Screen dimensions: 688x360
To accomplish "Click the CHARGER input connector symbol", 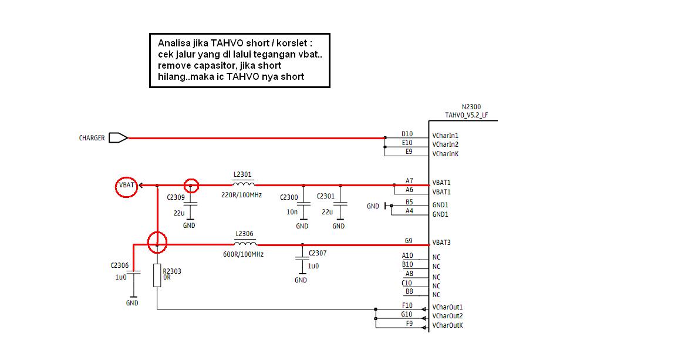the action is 118,138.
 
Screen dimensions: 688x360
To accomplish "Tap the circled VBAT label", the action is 126,185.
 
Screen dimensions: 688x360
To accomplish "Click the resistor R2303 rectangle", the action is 157,275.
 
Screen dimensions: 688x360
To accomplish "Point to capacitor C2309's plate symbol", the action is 190,204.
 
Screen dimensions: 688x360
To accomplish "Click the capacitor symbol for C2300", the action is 303,204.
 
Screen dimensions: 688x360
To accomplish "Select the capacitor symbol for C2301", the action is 340,204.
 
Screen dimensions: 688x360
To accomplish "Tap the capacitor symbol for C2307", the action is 302,260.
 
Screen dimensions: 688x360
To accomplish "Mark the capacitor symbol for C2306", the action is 133,272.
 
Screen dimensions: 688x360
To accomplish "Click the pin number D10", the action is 407,134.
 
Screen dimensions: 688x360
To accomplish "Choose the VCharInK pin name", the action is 446,154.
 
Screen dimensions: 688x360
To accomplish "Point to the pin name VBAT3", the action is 441,243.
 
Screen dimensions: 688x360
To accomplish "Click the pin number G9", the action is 409,241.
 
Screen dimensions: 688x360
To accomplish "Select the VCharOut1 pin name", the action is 447,307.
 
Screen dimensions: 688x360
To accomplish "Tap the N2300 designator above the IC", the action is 471,107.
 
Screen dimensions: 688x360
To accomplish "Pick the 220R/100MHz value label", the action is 242,195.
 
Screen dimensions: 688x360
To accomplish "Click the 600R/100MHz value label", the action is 243,254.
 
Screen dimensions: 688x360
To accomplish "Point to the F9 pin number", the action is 409,324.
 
